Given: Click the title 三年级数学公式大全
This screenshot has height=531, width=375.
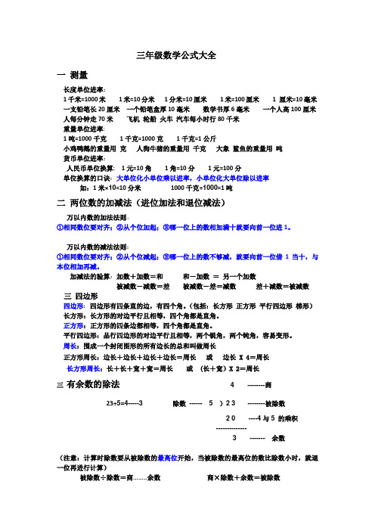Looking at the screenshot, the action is (x=186, y=55).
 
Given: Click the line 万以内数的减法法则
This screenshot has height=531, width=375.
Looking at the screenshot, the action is (x=98, y=247).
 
